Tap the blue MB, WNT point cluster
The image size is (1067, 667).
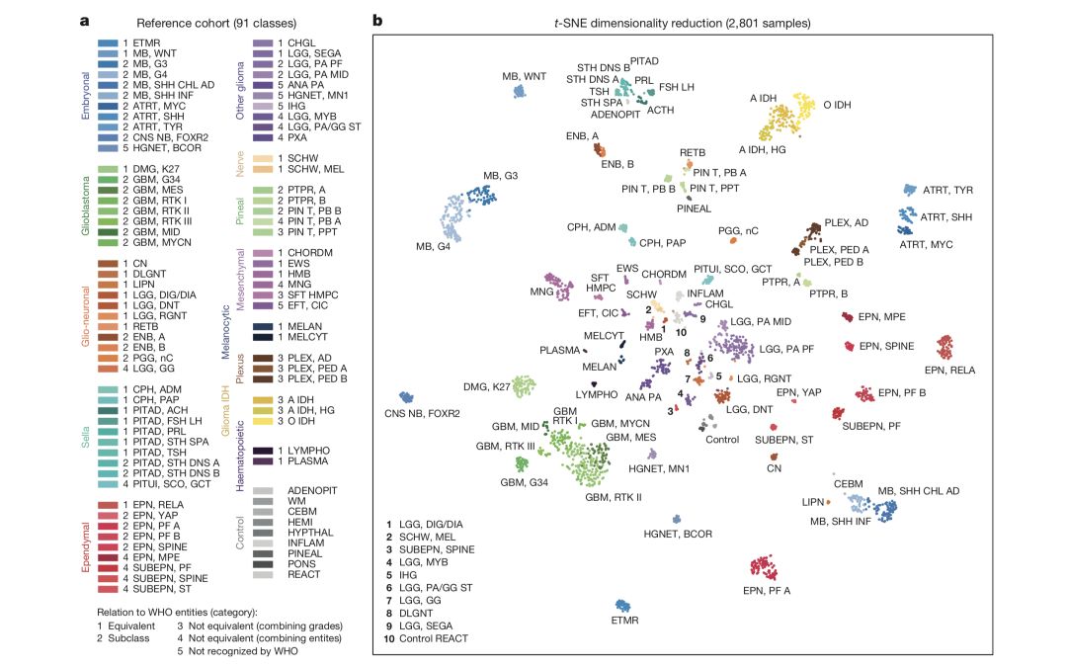click(x=519, y=92)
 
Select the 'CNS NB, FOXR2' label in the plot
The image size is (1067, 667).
click(x=423, y=413)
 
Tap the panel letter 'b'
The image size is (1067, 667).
click(x=376, y=20)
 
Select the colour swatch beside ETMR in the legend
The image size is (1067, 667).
click(x=109, y=43)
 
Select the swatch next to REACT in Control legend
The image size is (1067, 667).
click(x=264, y=574)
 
